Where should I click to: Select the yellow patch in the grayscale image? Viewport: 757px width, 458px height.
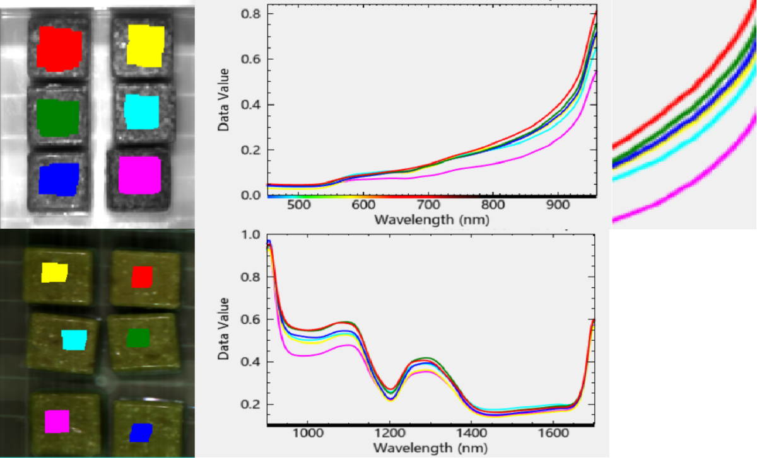coord(145,45)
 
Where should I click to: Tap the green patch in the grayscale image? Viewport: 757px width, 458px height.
coord(57,117)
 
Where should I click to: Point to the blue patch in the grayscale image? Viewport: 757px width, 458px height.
coord(59,179)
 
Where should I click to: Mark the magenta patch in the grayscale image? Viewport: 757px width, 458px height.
coord(140,175)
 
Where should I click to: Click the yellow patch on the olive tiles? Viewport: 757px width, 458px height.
coord(54,272)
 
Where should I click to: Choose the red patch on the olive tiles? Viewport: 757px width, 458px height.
coord(142,277)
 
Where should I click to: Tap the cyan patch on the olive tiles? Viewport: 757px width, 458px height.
coord(74,340)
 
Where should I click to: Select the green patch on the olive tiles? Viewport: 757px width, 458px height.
coord(138,338)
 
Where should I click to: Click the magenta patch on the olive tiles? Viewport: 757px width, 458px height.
coord(57,421)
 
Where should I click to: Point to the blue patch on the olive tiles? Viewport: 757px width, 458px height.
coord(141,432)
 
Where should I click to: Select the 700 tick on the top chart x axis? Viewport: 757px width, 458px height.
coord(429,207)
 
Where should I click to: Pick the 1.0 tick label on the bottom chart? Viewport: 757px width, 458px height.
coord(252,235)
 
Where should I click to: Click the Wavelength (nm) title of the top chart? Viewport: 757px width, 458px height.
coord(431,220)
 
